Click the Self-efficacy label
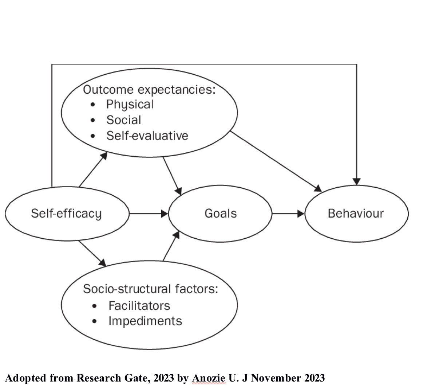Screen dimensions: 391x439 pos(66,214)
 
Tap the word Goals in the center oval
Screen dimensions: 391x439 pos(220,213)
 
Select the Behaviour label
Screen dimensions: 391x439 pos(356,213)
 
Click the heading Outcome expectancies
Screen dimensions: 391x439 pos(149,89)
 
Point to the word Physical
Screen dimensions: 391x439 pos(130,105)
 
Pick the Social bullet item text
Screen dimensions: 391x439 pos(123,120)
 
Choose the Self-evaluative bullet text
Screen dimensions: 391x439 pos(147,136)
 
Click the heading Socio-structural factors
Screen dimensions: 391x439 pos(150,289)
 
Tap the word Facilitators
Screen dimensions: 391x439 pos(139,305)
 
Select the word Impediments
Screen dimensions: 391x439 pos(145,321)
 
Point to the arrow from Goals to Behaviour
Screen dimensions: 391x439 pos(288,214)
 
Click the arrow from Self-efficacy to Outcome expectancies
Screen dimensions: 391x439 pos(93,169)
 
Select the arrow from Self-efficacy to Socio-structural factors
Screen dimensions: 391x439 pos(92,253)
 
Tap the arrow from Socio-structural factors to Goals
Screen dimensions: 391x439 pos(171,246)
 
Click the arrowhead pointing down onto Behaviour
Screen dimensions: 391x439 pos(357,181)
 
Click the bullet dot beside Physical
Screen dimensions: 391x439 pos(94,105)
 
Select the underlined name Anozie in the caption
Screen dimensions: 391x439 pos(208,378)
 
